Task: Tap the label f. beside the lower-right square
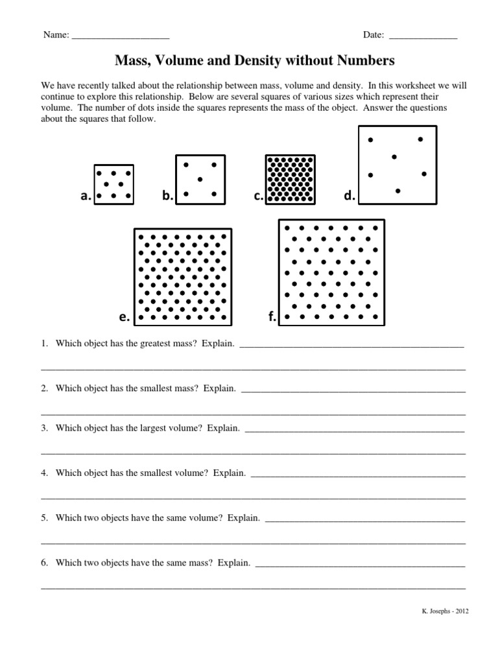coord(272,317)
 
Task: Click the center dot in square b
coord(200,179)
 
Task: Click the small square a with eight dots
coord(114,184)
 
